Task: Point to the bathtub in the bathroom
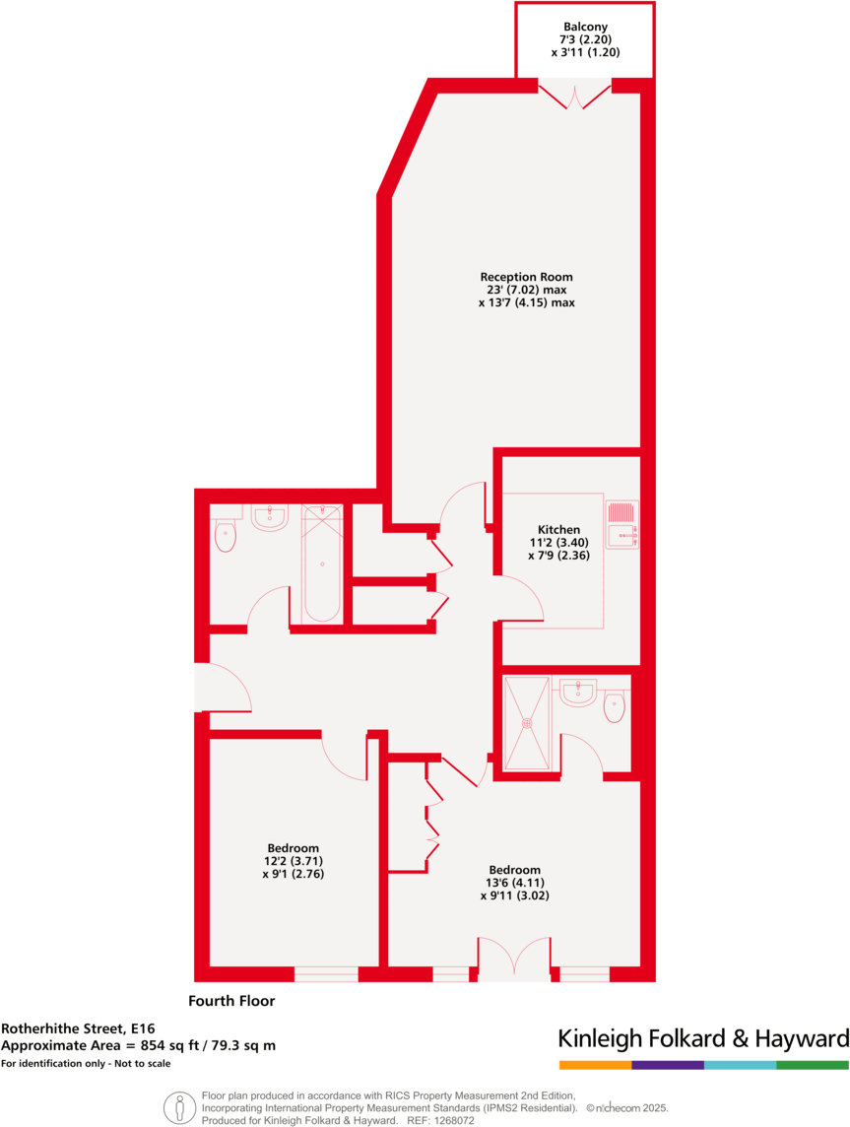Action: click(321, 563)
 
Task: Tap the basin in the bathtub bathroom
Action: click(269, 517)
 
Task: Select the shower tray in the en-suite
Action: click(527, 723)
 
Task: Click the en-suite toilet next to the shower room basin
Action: click(614, 706)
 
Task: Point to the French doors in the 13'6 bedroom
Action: click(513, 959)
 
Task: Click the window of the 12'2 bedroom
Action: click(326, 974)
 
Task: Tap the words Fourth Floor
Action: click(231, 1001)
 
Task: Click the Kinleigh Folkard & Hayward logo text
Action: click(702, 1038)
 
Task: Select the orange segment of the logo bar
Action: click(595, 1065)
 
